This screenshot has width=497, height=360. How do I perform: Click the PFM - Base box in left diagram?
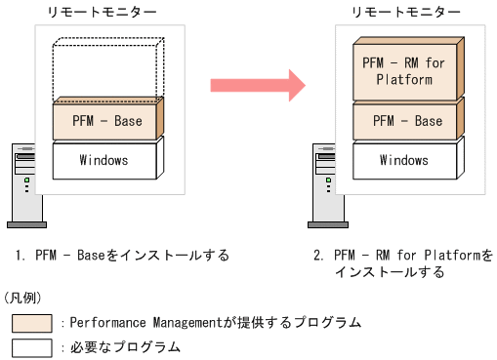pyautogui.click(x=106, y=121)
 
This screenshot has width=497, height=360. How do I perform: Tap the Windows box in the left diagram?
pyautogui.click(x=105, y=159)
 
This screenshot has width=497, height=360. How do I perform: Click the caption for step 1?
pyautogui.click(x=121, y=256)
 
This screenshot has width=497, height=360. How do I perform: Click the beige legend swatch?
pyautogui.click(x=32, y=322)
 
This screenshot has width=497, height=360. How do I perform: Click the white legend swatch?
pyautogui.click(x=32, y=346)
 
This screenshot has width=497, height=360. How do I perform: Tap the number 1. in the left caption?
pyautogui.click(x=20, y=256)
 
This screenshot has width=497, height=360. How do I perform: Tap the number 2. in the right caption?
pyautogui.click(x=317, y=256)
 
